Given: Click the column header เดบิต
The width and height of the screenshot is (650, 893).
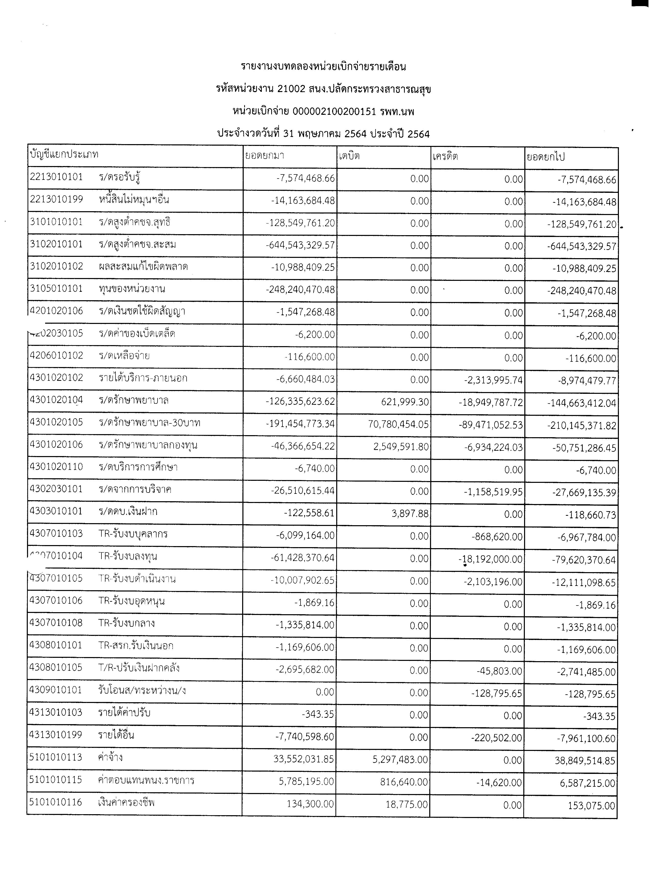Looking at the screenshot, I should (x=349, y=156).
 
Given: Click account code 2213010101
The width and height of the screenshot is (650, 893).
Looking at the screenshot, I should (x=56, y=177).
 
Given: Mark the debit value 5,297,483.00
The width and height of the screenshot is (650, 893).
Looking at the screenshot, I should (x=400, y=760).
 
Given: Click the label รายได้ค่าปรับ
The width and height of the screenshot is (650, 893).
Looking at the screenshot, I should (x=124, y=713).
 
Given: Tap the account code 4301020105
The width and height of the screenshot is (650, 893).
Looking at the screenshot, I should (x=56, y=422).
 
